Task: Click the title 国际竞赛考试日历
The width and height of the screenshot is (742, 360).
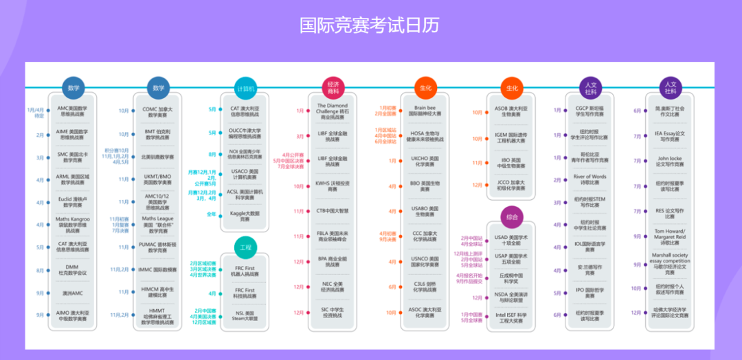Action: (370, 25)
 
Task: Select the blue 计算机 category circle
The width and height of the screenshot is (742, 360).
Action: (245, 88)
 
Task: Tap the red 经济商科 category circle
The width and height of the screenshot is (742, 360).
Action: (333, 88)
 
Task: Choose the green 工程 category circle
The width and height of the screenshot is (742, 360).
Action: (245, 246)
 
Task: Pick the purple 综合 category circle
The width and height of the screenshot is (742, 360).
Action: (512, 217)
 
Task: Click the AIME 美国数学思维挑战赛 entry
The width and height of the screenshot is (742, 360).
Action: (73, 135)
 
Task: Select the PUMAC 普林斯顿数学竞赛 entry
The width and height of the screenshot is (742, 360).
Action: (159, 247)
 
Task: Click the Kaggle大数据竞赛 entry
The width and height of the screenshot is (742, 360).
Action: (245, 216)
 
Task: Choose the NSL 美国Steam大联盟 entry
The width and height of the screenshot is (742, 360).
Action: (245, 316)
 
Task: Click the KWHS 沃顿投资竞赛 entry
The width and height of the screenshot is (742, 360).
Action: (333, 186)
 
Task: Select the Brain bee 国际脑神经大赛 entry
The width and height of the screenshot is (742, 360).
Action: (425, 111)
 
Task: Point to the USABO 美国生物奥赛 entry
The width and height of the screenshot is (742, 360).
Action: (425, 212)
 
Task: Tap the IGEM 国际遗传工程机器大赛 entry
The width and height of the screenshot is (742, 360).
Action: (512, 139)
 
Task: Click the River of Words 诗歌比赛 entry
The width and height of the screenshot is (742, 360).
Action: (590, 179)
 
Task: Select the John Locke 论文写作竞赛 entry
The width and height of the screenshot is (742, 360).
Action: (670, 161)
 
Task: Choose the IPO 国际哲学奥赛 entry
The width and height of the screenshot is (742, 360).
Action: (590, 293)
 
